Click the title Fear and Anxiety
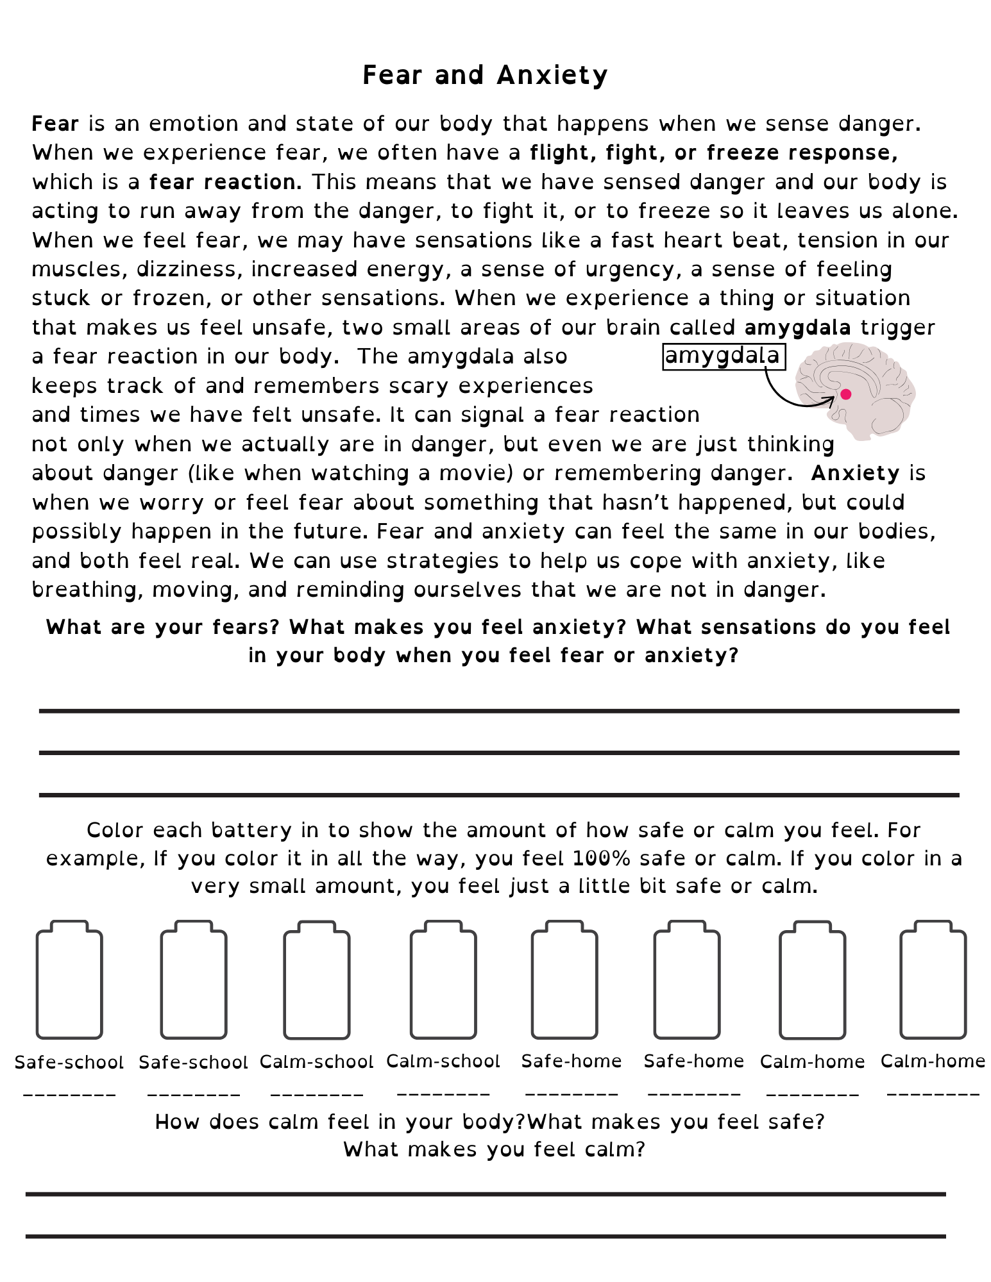[485, 75]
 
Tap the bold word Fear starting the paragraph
[55, 123]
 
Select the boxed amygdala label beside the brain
[724, 356]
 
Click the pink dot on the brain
[845, 394]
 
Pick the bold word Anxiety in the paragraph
[855, 473]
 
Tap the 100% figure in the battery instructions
[601, 858]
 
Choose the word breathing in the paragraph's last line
[87, 590]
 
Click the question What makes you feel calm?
[494, 1149]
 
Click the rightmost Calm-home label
[933, 1061]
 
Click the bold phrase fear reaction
[225, 182]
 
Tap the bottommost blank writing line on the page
[486, 1236]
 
